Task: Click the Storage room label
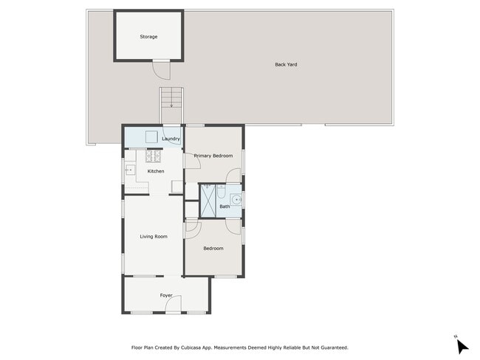click(x=148, y=37)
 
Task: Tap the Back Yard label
click(x=286, y=64)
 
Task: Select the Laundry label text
click(x=171, y=139)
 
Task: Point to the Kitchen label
click(x=156, y=171)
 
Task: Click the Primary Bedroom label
click(x=213, y=156)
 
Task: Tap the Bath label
click(x=224, y=207)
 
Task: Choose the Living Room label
click(x=154, y=236)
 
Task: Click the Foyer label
click(x=166, y=296)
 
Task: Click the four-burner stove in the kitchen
click(x=153, y=156)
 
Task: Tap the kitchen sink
click(x=130, y=170)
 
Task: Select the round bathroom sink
click(x=236, y=200)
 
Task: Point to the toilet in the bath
click(x=221, y=191)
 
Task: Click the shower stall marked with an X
click(x=208, y=201)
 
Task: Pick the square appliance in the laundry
click(x=151, y=136)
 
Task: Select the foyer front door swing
click(x=174, y=304)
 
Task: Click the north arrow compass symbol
click(x=462, y=347)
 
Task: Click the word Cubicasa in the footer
click(x=191, y=347)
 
